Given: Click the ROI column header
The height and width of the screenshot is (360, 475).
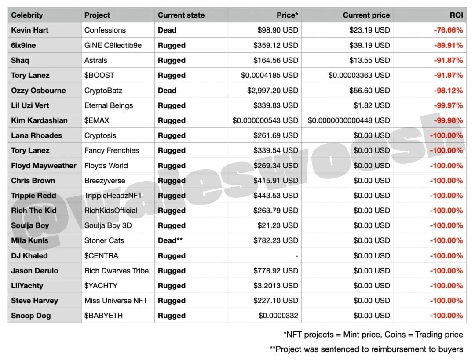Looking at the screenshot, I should point(456,15).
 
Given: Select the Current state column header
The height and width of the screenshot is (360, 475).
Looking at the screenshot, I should point(181,15).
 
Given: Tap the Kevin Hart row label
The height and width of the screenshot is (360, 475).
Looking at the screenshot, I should point(30,30).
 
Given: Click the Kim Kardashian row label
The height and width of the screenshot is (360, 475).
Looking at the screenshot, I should point(39,120).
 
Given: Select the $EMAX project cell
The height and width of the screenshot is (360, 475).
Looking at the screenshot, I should point(97,120).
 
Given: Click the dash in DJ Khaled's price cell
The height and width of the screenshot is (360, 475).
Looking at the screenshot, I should point(296,256).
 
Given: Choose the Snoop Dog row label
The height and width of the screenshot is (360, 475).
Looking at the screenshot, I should point(31,316).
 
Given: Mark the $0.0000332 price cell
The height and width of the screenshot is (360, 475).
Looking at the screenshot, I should point(278,316).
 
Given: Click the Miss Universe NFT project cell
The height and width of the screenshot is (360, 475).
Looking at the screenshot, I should point(116,301).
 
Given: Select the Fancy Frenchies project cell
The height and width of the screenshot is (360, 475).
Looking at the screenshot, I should point(112,150).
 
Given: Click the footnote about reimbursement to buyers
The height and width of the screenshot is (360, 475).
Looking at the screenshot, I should point(366,349).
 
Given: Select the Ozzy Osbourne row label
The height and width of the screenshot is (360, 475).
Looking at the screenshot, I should point(38,91).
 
